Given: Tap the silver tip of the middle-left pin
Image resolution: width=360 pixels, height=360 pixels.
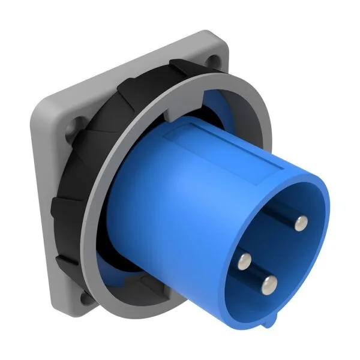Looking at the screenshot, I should tap(244, 260).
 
